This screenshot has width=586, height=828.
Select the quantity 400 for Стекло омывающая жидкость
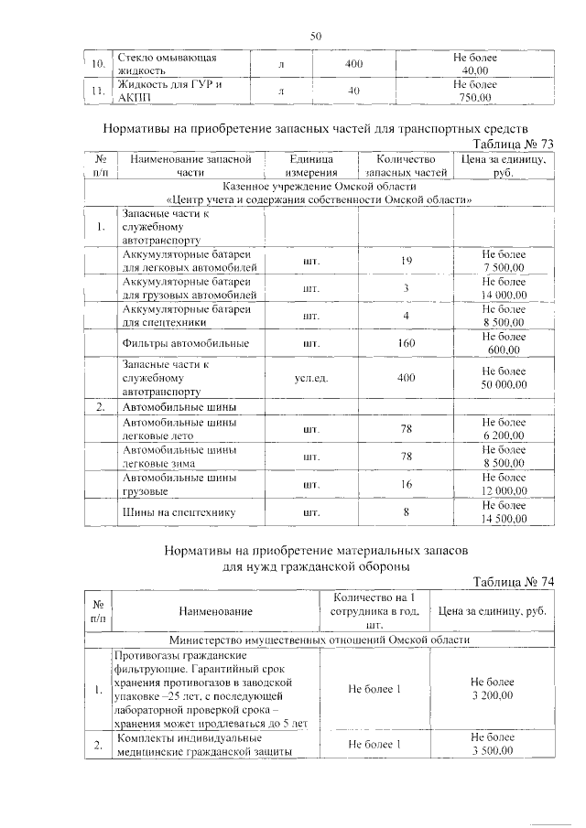353,64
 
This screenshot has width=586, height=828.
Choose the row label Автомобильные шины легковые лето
179,429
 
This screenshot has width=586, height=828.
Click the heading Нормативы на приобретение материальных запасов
316,552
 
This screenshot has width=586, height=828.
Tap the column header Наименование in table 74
216,610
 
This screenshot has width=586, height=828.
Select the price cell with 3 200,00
493,689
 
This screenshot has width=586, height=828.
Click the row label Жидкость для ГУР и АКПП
171,91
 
